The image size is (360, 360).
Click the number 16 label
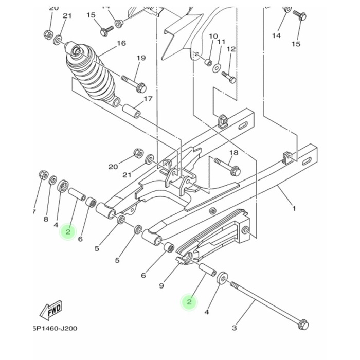pos(121,43)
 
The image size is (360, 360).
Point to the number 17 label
pos(148,99)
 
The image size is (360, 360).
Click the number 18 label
pos(233,153)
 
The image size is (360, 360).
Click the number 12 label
pos(231,49)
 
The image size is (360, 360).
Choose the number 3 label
pos(234,327)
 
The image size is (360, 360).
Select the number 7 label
pos(33,212)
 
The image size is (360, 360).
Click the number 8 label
pos(46,220)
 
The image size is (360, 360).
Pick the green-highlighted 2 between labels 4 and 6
pos(67,232)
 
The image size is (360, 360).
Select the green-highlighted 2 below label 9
pos(189,302)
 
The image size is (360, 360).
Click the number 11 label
pos(222,41)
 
